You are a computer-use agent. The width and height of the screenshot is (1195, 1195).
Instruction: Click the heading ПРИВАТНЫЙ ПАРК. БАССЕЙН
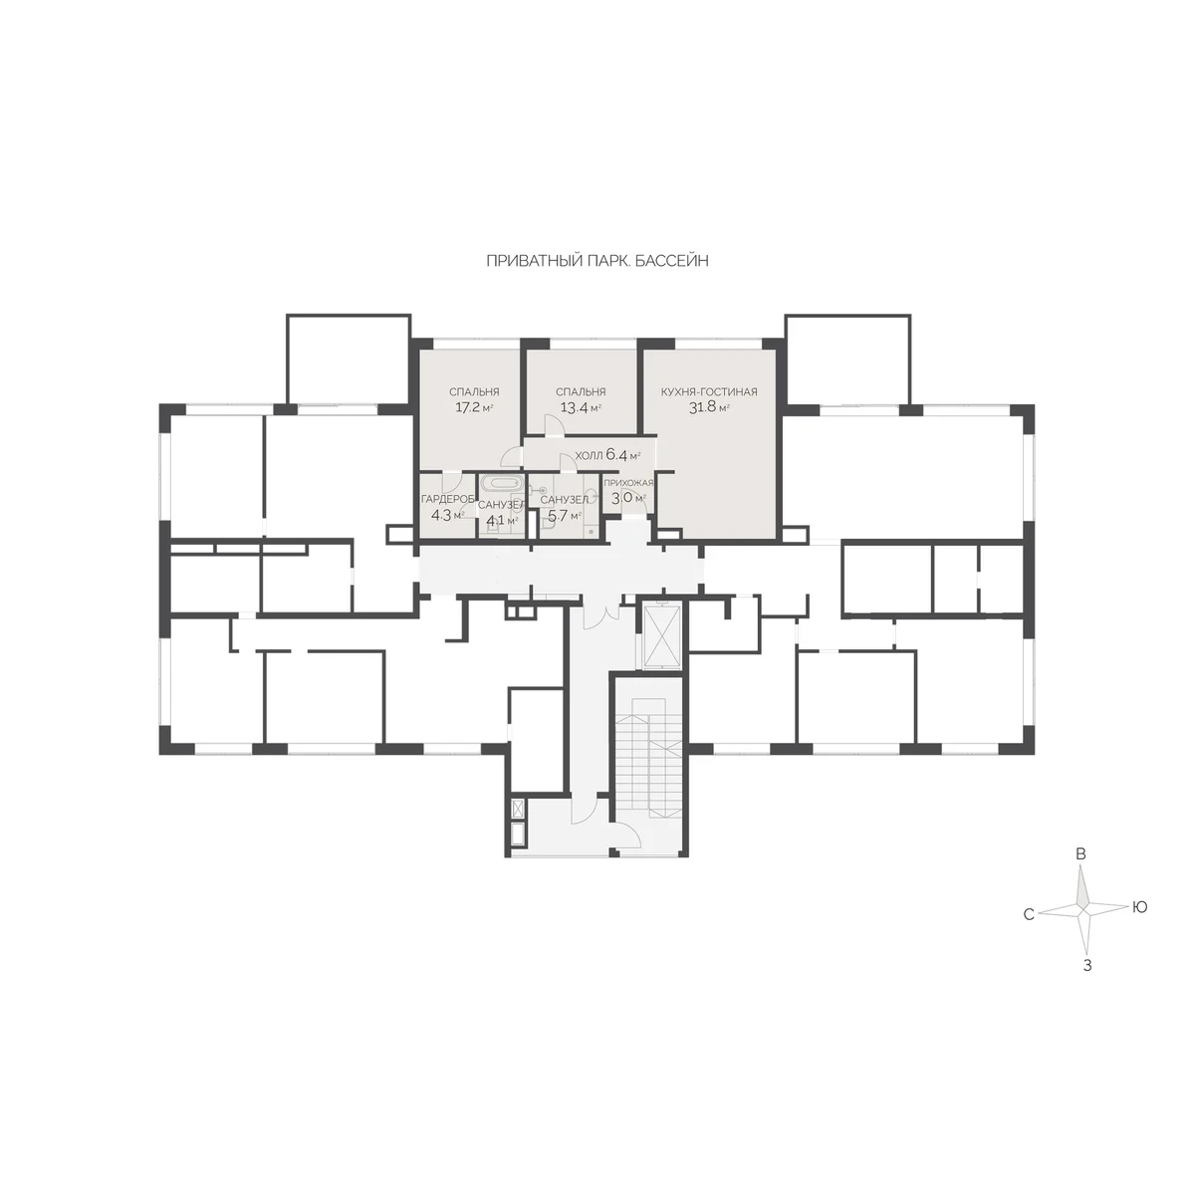pos(597,261)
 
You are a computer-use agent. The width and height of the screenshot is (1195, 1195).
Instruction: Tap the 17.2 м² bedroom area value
pos(474,408)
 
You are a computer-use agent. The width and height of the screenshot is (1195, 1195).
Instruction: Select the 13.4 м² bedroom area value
pos(581,408)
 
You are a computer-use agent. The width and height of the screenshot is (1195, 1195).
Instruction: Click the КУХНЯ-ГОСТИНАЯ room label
pos(709,392)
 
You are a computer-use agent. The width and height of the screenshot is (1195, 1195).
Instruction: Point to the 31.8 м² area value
pos(709,408)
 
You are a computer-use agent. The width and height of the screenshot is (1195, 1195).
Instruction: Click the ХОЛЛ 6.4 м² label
pos(607,455)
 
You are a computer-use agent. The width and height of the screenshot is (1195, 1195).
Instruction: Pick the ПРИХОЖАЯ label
pos(628,483)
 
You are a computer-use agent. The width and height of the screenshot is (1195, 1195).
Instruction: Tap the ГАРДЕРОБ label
pos(448,499)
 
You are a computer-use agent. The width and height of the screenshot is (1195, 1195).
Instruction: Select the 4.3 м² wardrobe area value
pos(448,515)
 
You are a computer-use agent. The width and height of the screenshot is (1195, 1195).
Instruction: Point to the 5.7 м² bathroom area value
pos(564,515)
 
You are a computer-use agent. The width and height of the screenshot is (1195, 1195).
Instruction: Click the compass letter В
pos(1080,853)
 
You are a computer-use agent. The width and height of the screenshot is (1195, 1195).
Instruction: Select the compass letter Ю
pos(1140,906)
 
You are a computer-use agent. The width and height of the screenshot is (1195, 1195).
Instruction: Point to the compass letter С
pos(1029,915)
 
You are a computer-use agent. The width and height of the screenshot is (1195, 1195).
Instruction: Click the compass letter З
pos(1087,966)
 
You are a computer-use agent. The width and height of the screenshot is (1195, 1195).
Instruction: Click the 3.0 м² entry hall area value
pos(628,498)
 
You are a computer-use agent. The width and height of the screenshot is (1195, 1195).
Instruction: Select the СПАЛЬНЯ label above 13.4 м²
pos(581,392)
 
